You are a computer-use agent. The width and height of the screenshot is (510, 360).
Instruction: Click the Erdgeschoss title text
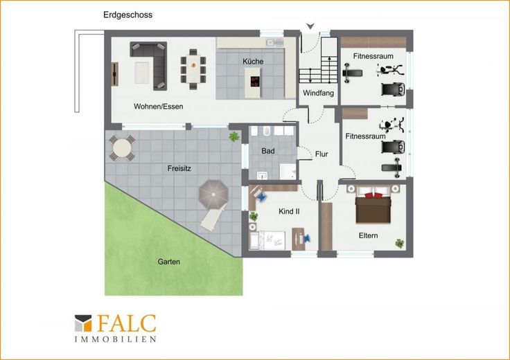click(127, 15)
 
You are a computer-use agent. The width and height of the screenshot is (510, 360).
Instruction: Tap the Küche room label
click(253, 61)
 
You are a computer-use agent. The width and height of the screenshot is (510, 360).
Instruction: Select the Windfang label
click(318, 93)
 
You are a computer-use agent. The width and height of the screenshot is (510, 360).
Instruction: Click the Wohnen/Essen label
click(159, 106)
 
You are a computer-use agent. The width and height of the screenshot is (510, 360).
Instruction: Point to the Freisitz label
click(179, 168)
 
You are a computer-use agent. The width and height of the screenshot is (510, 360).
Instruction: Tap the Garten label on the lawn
click(168, 262)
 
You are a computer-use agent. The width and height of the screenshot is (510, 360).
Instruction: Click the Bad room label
click(268, 151)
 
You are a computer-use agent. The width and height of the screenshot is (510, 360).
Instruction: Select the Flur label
click(322, 154)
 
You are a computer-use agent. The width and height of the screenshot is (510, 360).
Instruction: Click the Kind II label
click(289, 212)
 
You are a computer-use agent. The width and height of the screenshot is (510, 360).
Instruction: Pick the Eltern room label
click(368, 235)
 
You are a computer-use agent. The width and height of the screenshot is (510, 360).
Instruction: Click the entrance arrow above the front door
click(310, 26)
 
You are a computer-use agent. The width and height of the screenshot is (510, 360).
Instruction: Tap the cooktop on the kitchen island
click(255, 82)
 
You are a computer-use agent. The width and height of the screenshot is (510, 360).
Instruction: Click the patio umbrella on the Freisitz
click(213, 195)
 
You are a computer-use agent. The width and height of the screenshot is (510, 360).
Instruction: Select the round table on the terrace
click(122, 148)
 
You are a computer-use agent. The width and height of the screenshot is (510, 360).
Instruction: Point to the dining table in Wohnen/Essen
click(193, 69)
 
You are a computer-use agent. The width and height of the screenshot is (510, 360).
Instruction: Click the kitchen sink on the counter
click(274, 42)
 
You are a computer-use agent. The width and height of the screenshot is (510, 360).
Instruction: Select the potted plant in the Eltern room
click(399, 243)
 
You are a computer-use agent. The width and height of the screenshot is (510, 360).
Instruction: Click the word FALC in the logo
click(127, 323)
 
